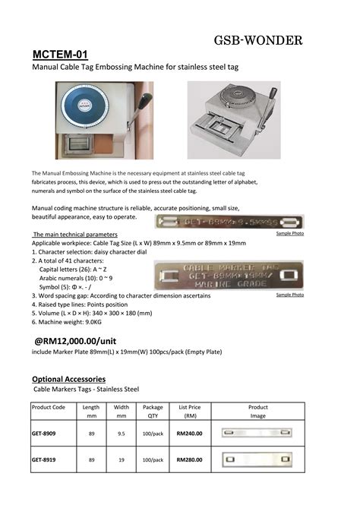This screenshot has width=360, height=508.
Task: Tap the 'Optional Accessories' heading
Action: (x=68, y=378)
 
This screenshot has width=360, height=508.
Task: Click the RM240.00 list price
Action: (x=189, y=434)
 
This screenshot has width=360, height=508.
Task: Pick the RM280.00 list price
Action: (x=189, y=460)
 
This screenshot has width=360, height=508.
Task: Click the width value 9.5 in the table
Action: (x=122, y=434)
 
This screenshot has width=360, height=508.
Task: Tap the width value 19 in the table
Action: (x=122, y=460)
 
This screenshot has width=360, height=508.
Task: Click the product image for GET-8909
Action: (x=257, y=434)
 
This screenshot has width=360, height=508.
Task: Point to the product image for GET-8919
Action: (x=257, y=460)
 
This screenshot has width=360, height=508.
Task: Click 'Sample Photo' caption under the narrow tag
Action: (x=289, y=233)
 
